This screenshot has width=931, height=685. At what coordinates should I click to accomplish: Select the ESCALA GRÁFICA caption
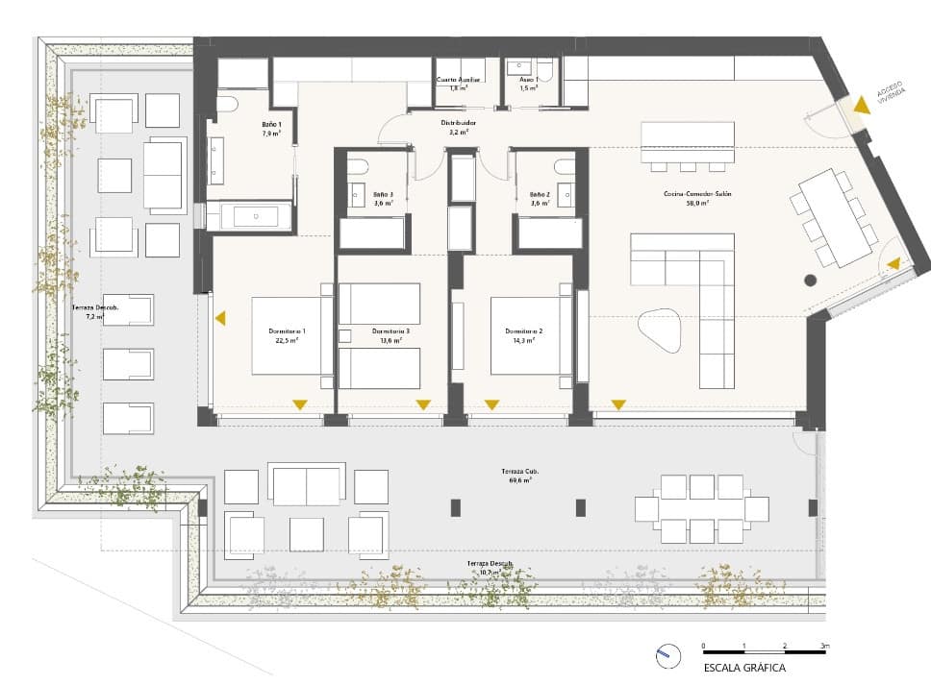tap(744, 668)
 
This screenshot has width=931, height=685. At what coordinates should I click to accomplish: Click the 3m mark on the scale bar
tap(823, 646)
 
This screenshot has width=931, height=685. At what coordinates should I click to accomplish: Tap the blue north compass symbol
tap(663, 658)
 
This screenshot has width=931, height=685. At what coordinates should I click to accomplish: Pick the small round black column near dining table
tap(810, 281)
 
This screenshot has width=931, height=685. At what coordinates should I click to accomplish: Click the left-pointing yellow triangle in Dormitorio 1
tap(220, 318)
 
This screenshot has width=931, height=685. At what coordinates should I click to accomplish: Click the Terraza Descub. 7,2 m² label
tap(93, 312)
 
